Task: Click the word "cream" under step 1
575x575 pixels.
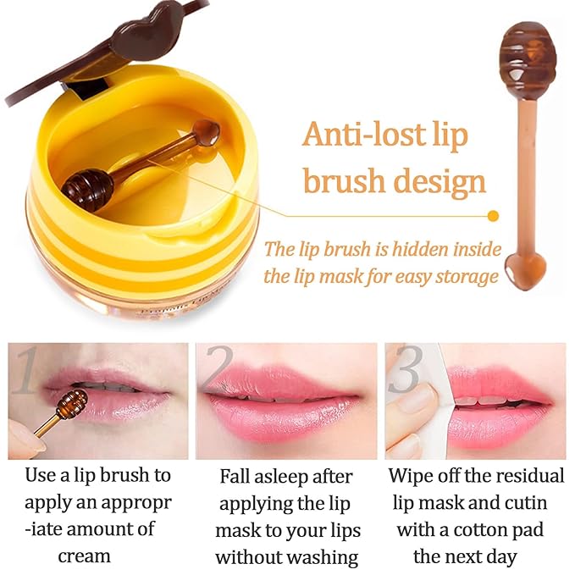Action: click(84, 556)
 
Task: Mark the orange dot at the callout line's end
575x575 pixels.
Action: click(494, 215)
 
